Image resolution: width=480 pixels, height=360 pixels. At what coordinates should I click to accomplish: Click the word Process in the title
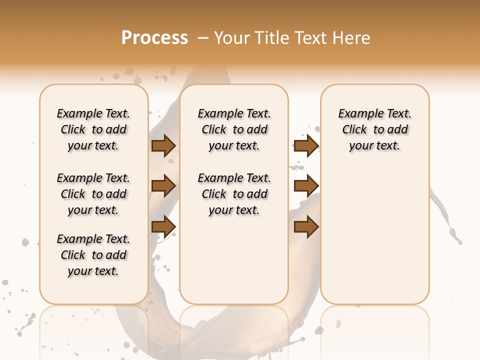tap(154, 38)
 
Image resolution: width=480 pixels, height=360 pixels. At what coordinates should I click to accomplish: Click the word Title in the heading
tap(271, 38)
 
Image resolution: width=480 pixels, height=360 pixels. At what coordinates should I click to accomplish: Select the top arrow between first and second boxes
tap(163, 145)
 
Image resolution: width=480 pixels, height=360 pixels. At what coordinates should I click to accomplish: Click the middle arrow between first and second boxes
tap(163, 186)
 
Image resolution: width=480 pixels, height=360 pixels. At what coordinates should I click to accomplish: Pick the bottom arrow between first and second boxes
tap(163, 226)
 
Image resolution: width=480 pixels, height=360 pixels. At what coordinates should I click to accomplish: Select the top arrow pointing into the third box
tap(306, 145)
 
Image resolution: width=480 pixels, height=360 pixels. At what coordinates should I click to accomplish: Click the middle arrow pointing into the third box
tap(306, 186)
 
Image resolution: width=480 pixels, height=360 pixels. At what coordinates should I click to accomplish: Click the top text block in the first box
tap(93, 129)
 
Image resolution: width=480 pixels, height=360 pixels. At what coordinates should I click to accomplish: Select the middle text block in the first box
tap(93, 194)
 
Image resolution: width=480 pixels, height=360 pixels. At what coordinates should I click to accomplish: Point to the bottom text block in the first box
tap(93, 255)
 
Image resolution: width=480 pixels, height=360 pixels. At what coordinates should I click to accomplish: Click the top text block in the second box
tap(234, 129)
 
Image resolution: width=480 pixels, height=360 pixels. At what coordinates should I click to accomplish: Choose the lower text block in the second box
tap(234, 194)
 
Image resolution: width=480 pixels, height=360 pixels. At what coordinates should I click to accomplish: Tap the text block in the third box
tap(374, 129)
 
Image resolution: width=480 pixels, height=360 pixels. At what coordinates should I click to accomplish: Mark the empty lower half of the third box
tap(374, 235)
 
